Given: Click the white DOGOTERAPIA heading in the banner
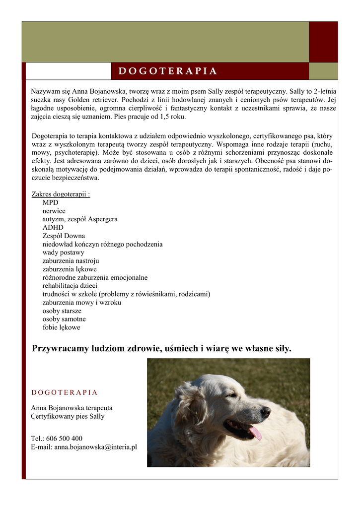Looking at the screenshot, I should click(x=168, y=71).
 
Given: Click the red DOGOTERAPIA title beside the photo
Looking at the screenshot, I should click(x=65, y=392).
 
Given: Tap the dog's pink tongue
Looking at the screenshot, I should click(x=255, y=433).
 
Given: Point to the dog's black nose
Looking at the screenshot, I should click(x=265, y=411).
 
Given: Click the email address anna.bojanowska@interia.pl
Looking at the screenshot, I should click(x=95, y=447).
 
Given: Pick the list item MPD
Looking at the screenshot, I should click(x=50, y=202).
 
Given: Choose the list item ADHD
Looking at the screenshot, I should click(x=53, y=227).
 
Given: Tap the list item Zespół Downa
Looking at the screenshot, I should click(x=64, y=236).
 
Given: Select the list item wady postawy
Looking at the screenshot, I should click(x=63, y=253).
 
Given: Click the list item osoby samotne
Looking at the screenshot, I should click(x=64, y=319).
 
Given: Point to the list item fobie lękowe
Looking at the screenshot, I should click(x=61, y=327).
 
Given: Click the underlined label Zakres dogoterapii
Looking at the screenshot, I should click(x=61, y=194).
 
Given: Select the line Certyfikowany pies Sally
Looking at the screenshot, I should click(x=68, y=416).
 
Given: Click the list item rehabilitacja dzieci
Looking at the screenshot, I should click(x=70, y=286).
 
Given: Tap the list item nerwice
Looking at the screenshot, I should click(x=54, y=211).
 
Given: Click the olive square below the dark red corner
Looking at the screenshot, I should click(x=323, y=71).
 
